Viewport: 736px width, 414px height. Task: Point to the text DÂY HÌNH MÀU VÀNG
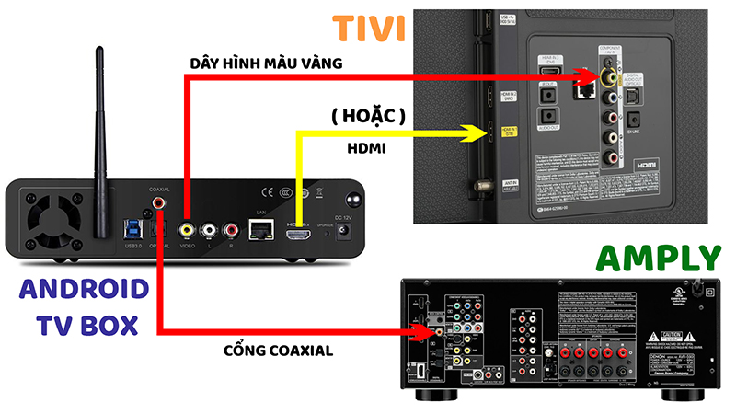267,63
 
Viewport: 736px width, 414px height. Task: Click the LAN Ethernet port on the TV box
261,227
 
